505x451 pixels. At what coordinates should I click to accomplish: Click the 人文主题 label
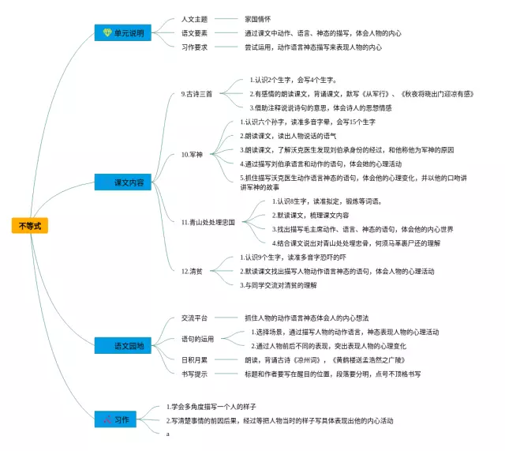(x=194, y=18)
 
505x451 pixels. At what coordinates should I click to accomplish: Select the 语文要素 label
(x=194, y=33)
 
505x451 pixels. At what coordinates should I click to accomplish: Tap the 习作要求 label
(x=194, y=47)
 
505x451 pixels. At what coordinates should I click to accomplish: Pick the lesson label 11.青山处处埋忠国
(x=208, y=222)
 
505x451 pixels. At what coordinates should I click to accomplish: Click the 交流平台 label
(x=194, y=317)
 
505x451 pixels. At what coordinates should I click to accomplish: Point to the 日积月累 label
(x=194, y=359)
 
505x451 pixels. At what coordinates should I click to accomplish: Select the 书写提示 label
(x=194, y=373)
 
